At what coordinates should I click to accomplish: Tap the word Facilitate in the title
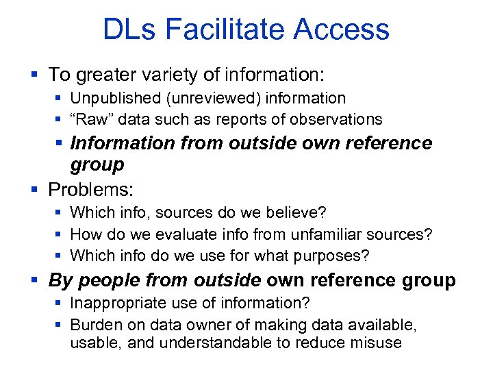(x=231, y=29)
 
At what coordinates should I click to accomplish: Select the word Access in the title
(x=343, y=29)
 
